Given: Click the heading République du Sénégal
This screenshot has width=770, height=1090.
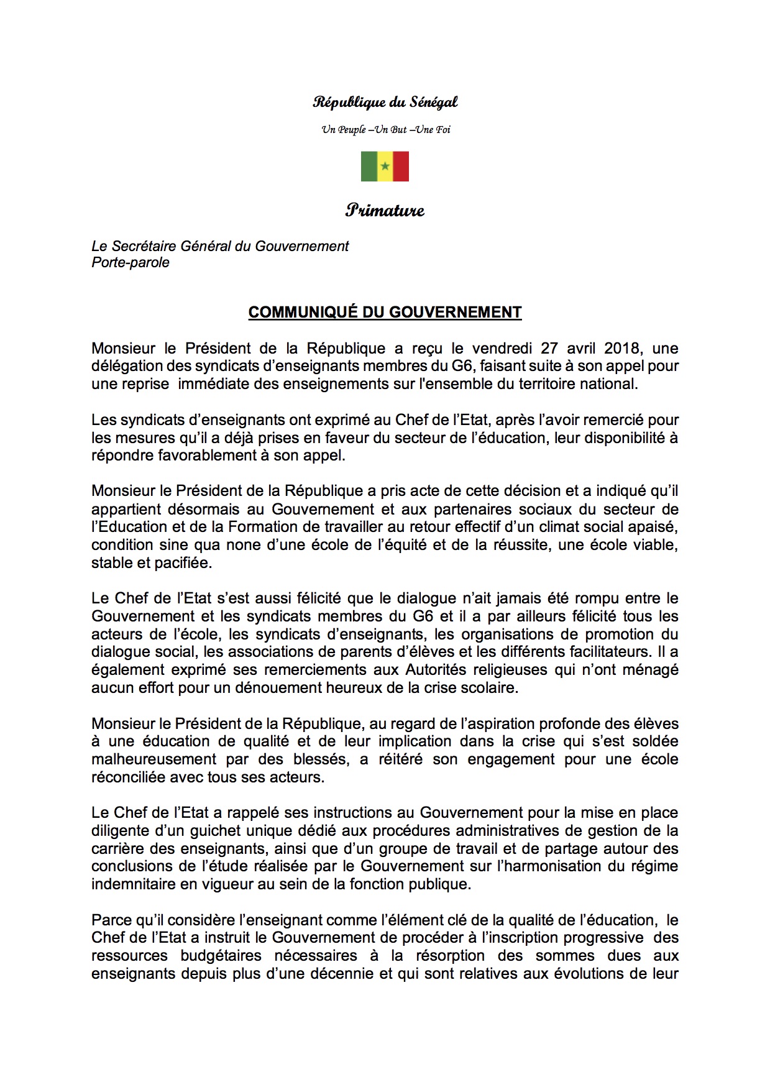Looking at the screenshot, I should click(x=385, y=103).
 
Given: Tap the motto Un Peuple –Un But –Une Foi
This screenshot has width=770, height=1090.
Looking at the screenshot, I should click(x=385, y=130).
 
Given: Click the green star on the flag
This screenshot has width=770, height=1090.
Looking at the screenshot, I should click(x=385, y=167).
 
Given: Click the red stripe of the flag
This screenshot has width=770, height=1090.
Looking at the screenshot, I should click(x=401, y=167).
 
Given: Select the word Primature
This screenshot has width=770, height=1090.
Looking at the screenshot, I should click(x=385, y=210).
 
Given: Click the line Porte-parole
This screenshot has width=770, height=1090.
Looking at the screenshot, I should click(x=131, y=263).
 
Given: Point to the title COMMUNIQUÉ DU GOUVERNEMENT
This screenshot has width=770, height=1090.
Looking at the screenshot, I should click(x=385, y=312).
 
